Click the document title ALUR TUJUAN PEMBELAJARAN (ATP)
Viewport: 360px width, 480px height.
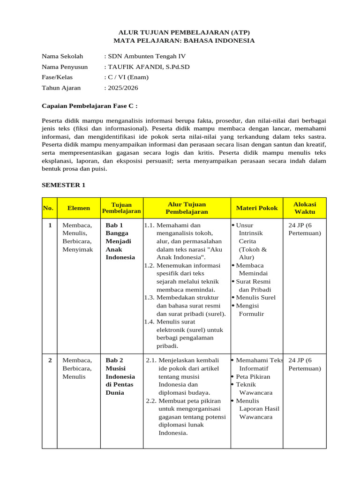coord(184,32)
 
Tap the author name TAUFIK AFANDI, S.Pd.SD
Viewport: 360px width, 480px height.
coord(149,67)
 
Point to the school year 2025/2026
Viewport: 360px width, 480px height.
coord(122,88)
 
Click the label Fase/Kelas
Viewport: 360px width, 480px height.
coord(57,77)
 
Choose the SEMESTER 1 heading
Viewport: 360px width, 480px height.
coord(64,185)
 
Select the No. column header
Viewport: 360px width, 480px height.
coord(48,208)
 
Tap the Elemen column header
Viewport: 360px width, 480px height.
coord(79,208)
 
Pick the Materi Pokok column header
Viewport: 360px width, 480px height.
coord(256,208)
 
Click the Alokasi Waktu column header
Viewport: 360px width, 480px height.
coord(305,208)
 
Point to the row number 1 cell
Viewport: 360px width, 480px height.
coord(50,225)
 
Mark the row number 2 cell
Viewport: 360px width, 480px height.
coord(50,360)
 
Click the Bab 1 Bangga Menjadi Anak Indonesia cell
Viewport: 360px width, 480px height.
coord(120,241)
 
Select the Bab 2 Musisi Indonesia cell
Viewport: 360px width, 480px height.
coord(120,376)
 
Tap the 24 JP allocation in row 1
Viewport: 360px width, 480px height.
coord(305,229)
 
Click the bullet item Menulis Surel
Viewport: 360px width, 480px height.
coord(255,298)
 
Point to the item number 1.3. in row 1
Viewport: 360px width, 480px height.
coord(150,298)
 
